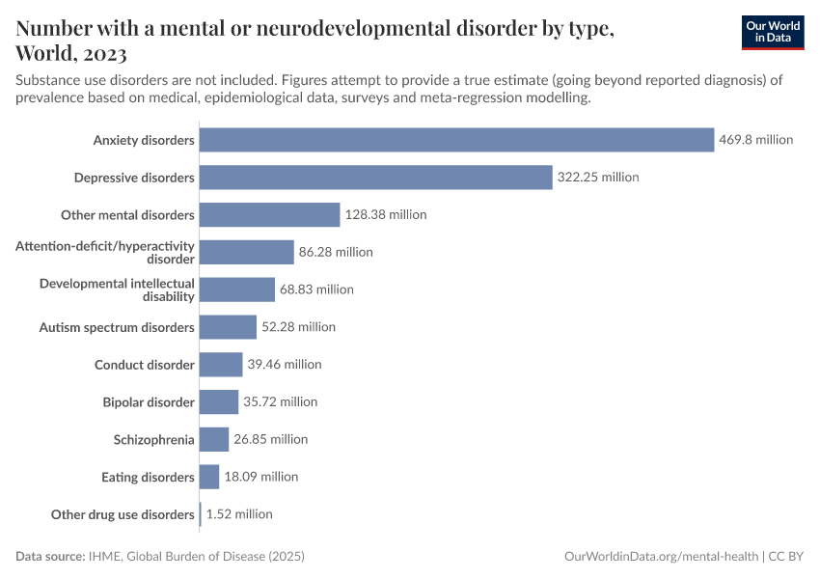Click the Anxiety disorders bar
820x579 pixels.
456,140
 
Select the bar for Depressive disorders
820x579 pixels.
375,178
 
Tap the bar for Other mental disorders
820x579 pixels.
269,214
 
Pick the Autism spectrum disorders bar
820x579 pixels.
228,327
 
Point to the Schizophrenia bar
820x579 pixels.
214,439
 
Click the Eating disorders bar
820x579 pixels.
209,477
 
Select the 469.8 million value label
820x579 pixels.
755,140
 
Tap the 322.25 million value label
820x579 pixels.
598,178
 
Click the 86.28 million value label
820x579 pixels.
336,252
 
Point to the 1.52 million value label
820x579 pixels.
239,514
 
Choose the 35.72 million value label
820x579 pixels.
280,401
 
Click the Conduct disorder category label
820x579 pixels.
145,365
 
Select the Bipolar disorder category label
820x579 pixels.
149,401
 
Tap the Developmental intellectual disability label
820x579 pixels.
117,289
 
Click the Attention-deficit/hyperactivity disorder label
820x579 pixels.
105,252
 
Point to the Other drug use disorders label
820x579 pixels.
123,514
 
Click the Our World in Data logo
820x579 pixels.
772,32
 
